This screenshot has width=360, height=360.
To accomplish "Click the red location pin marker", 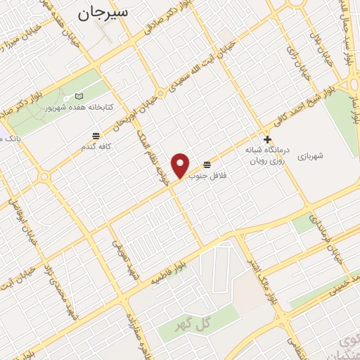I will tap(181, 165).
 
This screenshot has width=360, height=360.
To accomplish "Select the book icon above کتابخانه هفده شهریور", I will tap(78, 96).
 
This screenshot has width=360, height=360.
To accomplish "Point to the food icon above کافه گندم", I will tap(95, 135).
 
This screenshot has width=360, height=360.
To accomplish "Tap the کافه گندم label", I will tap(96, 146).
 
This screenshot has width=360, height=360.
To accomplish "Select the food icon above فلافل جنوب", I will tap(205, 163).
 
